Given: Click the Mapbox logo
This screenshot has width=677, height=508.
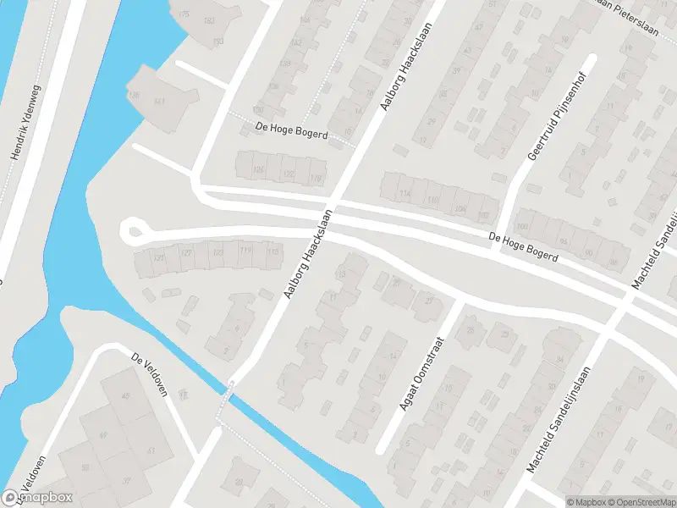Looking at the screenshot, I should coord(37,498).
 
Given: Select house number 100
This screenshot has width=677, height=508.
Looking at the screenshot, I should coord(521,225).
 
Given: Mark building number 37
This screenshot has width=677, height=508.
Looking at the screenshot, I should coord(128,482).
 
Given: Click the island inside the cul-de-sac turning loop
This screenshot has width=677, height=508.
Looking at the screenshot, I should coord(132,231).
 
